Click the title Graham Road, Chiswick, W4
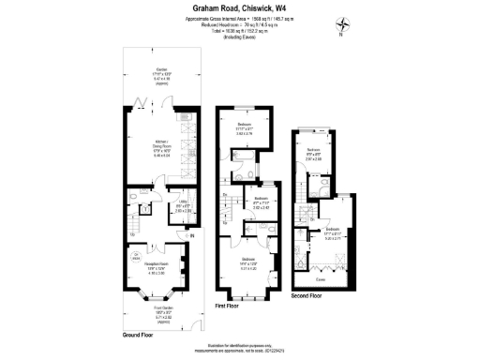point(239,7)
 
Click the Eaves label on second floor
point(321,278)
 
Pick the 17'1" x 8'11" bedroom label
point(331,232)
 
